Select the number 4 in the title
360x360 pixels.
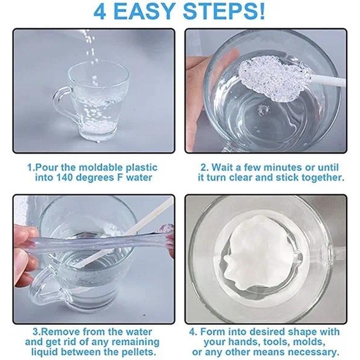[100, 11]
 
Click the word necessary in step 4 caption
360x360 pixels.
[314, 352]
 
